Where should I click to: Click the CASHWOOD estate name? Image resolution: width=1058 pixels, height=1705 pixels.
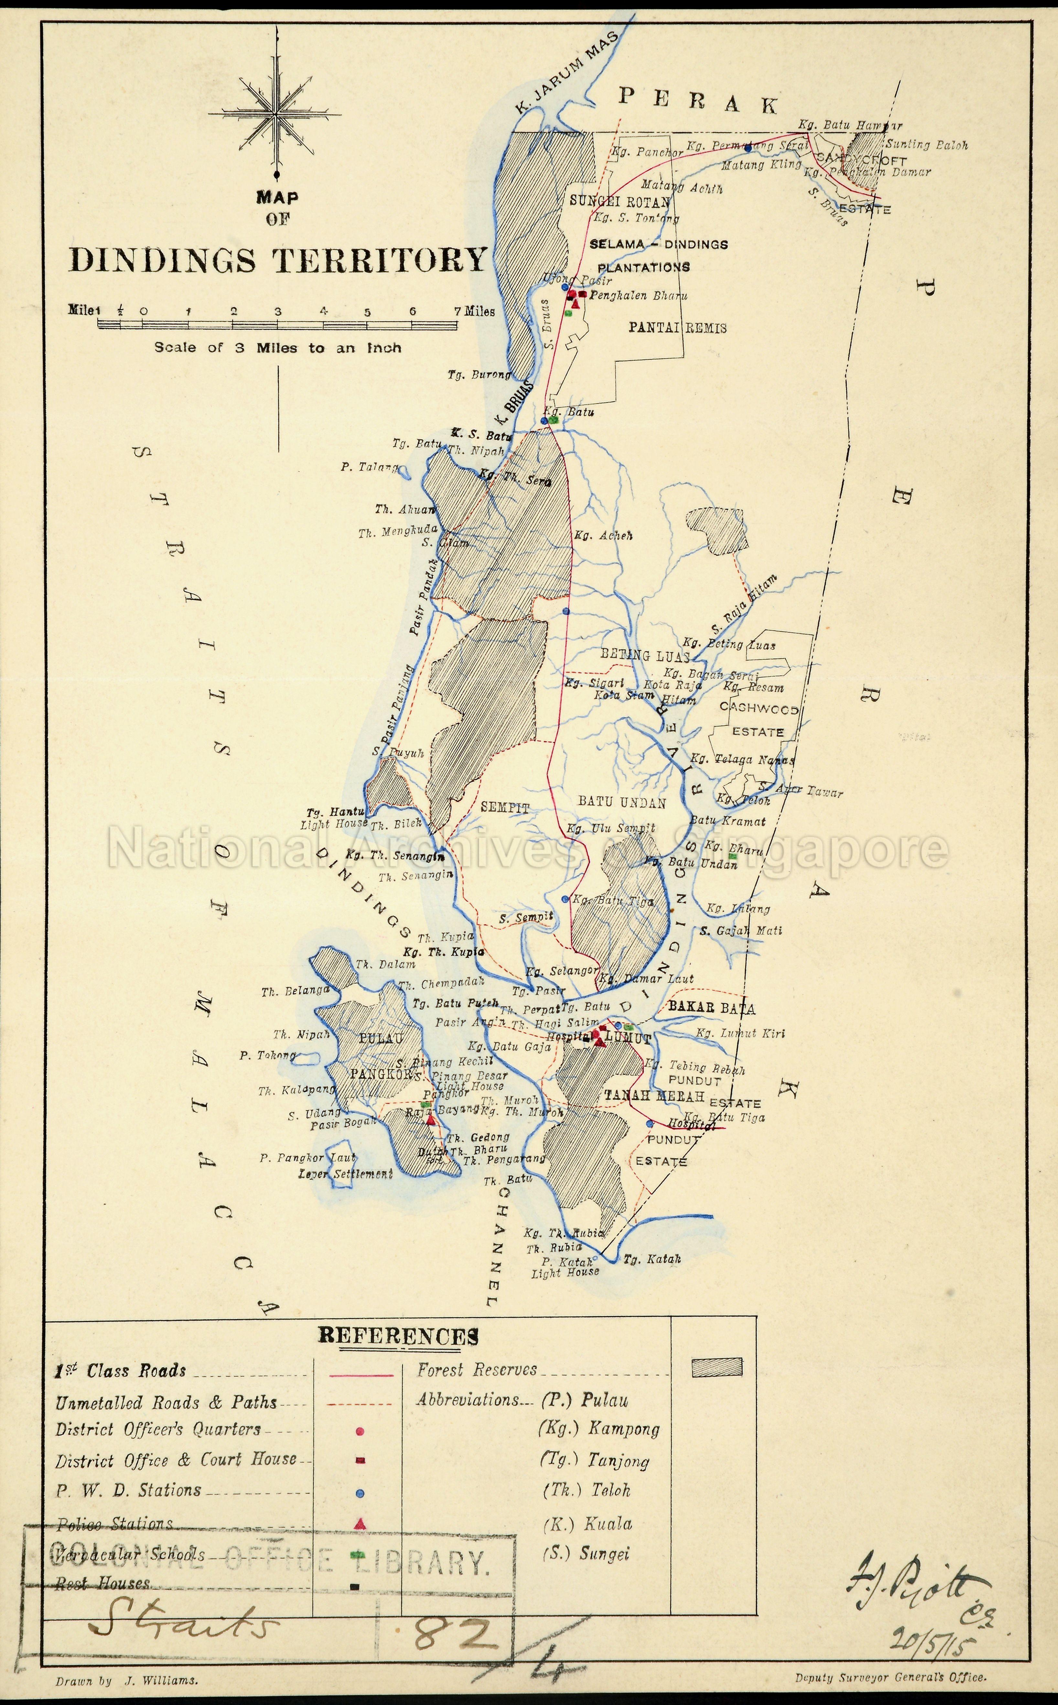(759, 709)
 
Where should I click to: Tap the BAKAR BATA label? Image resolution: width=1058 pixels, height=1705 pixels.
(712, 1008)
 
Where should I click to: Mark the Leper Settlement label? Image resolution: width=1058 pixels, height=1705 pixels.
(345, 1174)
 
